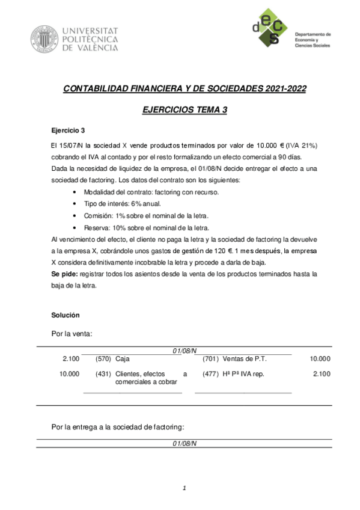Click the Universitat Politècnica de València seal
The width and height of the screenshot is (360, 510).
coord(44,38)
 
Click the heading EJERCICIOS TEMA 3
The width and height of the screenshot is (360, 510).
coord(185,109)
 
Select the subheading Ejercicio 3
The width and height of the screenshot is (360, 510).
coord(68,130)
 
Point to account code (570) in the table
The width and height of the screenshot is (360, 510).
coord(103,359)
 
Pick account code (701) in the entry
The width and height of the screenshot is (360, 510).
coord(211,359)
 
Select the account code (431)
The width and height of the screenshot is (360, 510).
coord(103,374)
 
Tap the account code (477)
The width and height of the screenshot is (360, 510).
coord(211,374)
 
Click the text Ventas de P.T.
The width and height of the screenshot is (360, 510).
coord(245,359)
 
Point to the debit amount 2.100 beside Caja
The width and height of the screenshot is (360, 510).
coord(71,359)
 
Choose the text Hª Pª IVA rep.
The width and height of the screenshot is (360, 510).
coord(243,374)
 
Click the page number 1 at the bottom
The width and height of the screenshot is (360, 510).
coord(185,488)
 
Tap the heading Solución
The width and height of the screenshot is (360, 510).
coord(66,315)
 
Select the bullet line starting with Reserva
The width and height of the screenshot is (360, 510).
coord(147,228)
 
